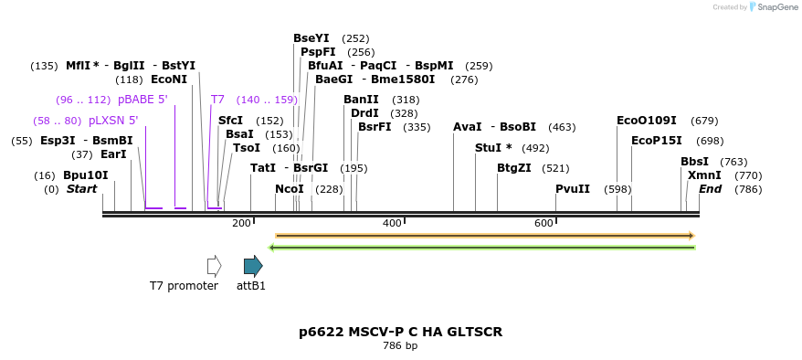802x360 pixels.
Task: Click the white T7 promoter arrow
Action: coord(214,266)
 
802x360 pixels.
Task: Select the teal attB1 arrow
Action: coord(253,266)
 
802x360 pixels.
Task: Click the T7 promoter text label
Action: coord(184,286)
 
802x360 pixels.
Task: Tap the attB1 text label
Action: coord(251,286)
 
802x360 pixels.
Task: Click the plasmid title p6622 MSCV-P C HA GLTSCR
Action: coord(400,332)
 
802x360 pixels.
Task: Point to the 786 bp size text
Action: coord(400,346)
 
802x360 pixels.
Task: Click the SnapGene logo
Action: coord(774,7)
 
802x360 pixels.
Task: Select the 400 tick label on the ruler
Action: coord(392,223)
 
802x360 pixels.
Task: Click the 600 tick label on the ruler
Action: coord(543,223)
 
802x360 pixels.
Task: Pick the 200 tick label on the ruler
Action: coord(241,223)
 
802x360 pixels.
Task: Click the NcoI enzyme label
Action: coord(290,189)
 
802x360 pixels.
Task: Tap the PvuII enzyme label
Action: coord(573,189)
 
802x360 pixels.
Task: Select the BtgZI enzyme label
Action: coord(513,168)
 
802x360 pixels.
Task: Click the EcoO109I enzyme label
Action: coord(647,121)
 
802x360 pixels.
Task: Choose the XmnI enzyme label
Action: coord(704,175)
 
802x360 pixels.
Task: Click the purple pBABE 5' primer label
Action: coord(143,100)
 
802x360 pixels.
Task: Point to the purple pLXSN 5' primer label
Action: coord(113,121)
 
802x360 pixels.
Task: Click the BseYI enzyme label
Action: coord(311,38)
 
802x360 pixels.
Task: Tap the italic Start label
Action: coord(81,189)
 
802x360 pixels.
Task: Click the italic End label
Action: coord(710,189)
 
